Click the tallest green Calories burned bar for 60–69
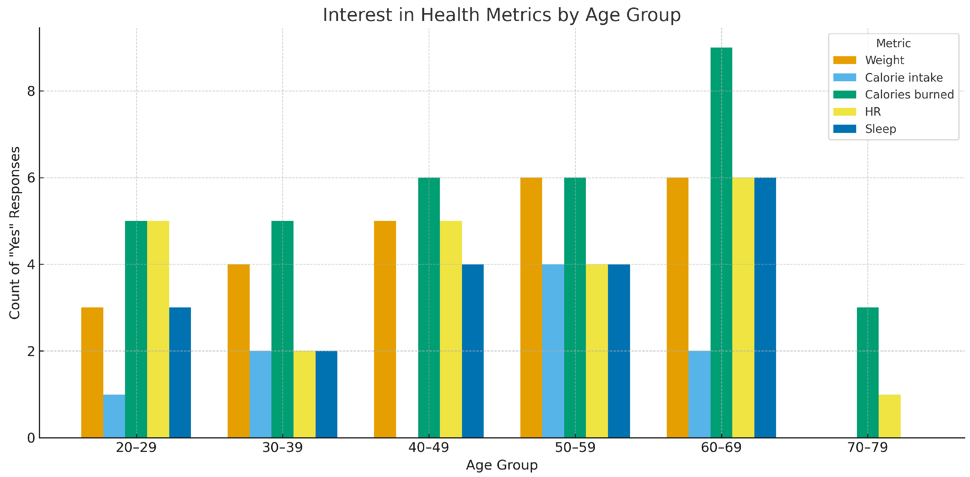point(721,243)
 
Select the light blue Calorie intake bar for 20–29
point(114,416)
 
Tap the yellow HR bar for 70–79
point(890,416)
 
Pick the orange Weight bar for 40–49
point(385,329)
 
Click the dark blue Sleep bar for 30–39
point(326,394)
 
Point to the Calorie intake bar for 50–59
point(553,351)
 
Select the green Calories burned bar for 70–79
point(867,372)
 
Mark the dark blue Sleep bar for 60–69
point(765,307)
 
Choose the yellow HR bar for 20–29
point(158,329)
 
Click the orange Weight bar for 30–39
point(238,351)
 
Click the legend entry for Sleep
point(880,129)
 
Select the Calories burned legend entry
point(909,94)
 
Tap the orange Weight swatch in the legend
point(845,60)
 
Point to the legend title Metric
point(893,43)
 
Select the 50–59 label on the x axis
point(575,448)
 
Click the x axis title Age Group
point(502,465)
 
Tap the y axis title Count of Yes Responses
point(15,233)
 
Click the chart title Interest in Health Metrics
point(502,15)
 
